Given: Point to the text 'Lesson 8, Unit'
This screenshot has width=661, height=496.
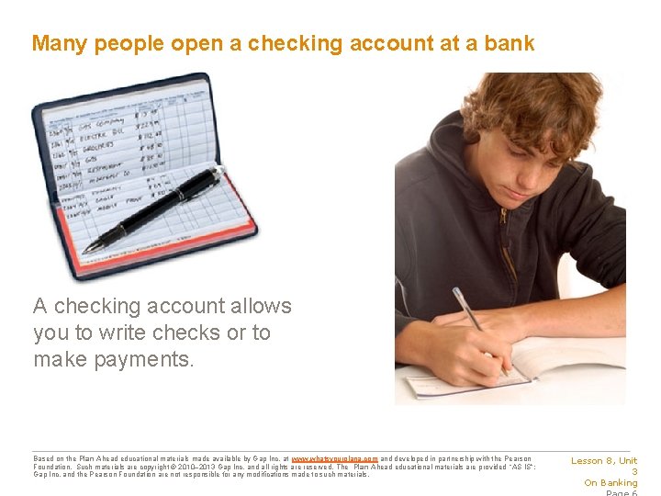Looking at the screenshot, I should (604, 461).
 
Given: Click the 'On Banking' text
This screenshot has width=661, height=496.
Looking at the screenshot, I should (611, 483).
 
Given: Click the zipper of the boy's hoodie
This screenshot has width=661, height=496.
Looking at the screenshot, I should (503, 220).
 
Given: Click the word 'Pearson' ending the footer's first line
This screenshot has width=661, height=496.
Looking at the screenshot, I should (516, 458).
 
